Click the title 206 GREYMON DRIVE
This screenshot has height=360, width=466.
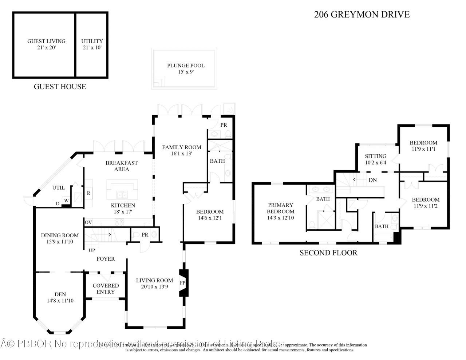click(x=362, y=15)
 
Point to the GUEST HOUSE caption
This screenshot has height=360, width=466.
click(x=60, y=87)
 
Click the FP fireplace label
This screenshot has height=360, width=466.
click(x=182, y=282)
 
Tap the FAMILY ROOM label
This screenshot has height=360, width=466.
click(x=181, y=147)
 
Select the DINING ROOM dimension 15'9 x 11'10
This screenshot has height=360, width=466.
click(x=60, y=241)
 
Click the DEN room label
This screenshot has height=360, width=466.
click(x=60, y=294)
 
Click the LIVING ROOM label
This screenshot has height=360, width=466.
click(x=154, y=280)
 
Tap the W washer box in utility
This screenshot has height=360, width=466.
click(x=67, y=200)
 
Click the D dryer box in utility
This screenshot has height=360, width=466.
click(x=58, y=203)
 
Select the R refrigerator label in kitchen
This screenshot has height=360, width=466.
click(x=88, y=193)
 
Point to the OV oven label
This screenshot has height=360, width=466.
click(x=88, y=222)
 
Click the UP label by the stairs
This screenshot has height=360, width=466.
click(x=92, y=250)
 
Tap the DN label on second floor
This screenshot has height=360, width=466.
click(x=372, y=180)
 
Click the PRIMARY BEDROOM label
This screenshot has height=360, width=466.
click(x=280, y=208)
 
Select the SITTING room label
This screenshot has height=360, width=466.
click(x=375, y=156)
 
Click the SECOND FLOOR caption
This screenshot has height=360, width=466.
click(x=328, y=253)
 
